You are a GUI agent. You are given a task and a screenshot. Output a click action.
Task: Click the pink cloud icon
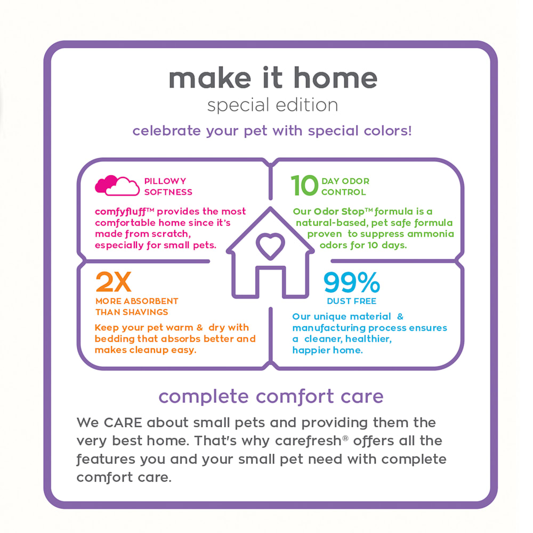click(117, 185)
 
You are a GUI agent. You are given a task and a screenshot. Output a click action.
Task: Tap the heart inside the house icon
click(270, 246)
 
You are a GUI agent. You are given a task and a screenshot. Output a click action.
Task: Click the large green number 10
click(304, 185)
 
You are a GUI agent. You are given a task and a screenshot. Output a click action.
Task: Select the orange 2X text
click(113, 282)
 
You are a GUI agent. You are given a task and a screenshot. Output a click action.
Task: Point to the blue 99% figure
click(351, 282)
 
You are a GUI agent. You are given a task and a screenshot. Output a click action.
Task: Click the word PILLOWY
click(165, 181)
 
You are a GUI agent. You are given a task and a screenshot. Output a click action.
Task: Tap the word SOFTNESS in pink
click(168, 192)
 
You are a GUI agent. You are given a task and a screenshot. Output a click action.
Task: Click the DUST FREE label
click(351, 301)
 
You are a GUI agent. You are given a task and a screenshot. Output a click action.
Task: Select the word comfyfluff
click(120, 212)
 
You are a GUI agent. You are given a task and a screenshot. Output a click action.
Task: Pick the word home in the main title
click(335, 78)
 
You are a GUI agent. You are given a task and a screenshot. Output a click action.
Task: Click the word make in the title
click(209, 78)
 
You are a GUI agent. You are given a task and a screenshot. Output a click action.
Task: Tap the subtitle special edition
click(272, 105)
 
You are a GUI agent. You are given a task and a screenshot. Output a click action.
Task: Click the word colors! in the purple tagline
click(388, 131)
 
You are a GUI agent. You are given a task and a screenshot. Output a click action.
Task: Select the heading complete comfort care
click(271, 397)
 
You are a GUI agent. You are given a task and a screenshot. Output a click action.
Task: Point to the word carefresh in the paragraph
click(308, 441)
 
